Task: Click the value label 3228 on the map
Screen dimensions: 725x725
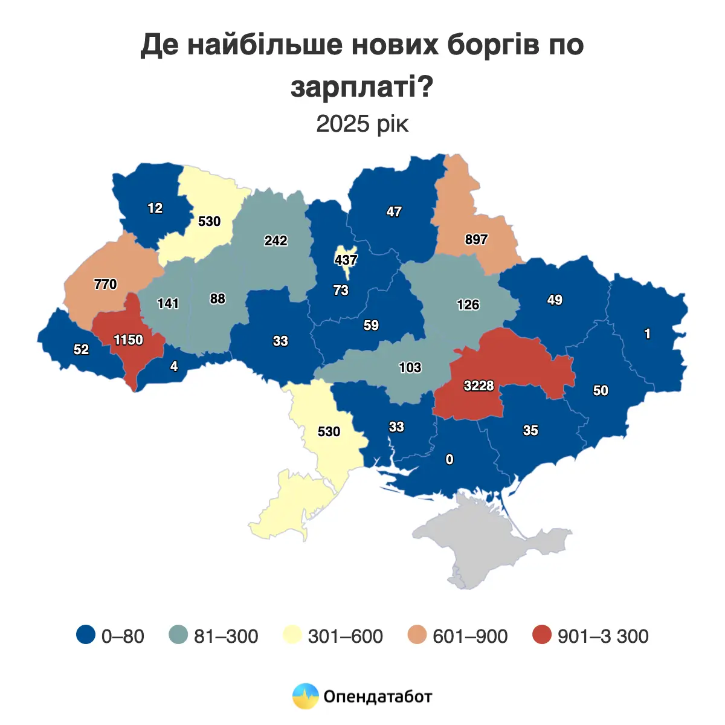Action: pyautogui.click(x=478, y=385)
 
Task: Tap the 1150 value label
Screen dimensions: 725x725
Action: pyautogui.click(x=128, y=340)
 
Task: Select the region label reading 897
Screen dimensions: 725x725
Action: pyautogui.click(x=476, y=240)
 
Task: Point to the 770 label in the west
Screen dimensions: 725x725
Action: pyautogui.click(x=105, y=284)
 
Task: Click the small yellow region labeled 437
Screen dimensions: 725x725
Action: pyautogui.click(x=346, y=260)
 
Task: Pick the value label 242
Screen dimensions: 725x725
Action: pyautogui.click(x=275, y=240)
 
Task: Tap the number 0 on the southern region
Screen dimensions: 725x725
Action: pyautogui.click(x=449, y=460)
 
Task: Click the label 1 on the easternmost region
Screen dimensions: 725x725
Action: pyautogui.click(x=648, y=334)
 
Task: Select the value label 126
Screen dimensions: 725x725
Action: pyautogui.click(x=468, y=304)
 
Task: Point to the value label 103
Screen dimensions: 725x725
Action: pyautogui.click(x=410, y=367)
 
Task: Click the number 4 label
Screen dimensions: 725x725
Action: pyautogui.click(x=174, y=366)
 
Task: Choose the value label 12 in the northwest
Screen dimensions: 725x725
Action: pyautogui.click(x=155, y=208)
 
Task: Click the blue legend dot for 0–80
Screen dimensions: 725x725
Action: pyautogui.click(x=86, y=635)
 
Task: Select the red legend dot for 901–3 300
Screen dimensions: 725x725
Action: pyautogui.click(x=542, y=635)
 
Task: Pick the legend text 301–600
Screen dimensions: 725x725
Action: pyautogui.click(x=345, y=636)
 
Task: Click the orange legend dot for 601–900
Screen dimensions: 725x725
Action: pyautogui.click(x=417, y=635)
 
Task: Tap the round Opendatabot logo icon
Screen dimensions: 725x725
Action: pyautogui.click(x=305, y=696)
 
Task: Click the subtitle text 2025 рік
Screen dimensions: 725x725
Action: pyautogui.click(x=362, y=124)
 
